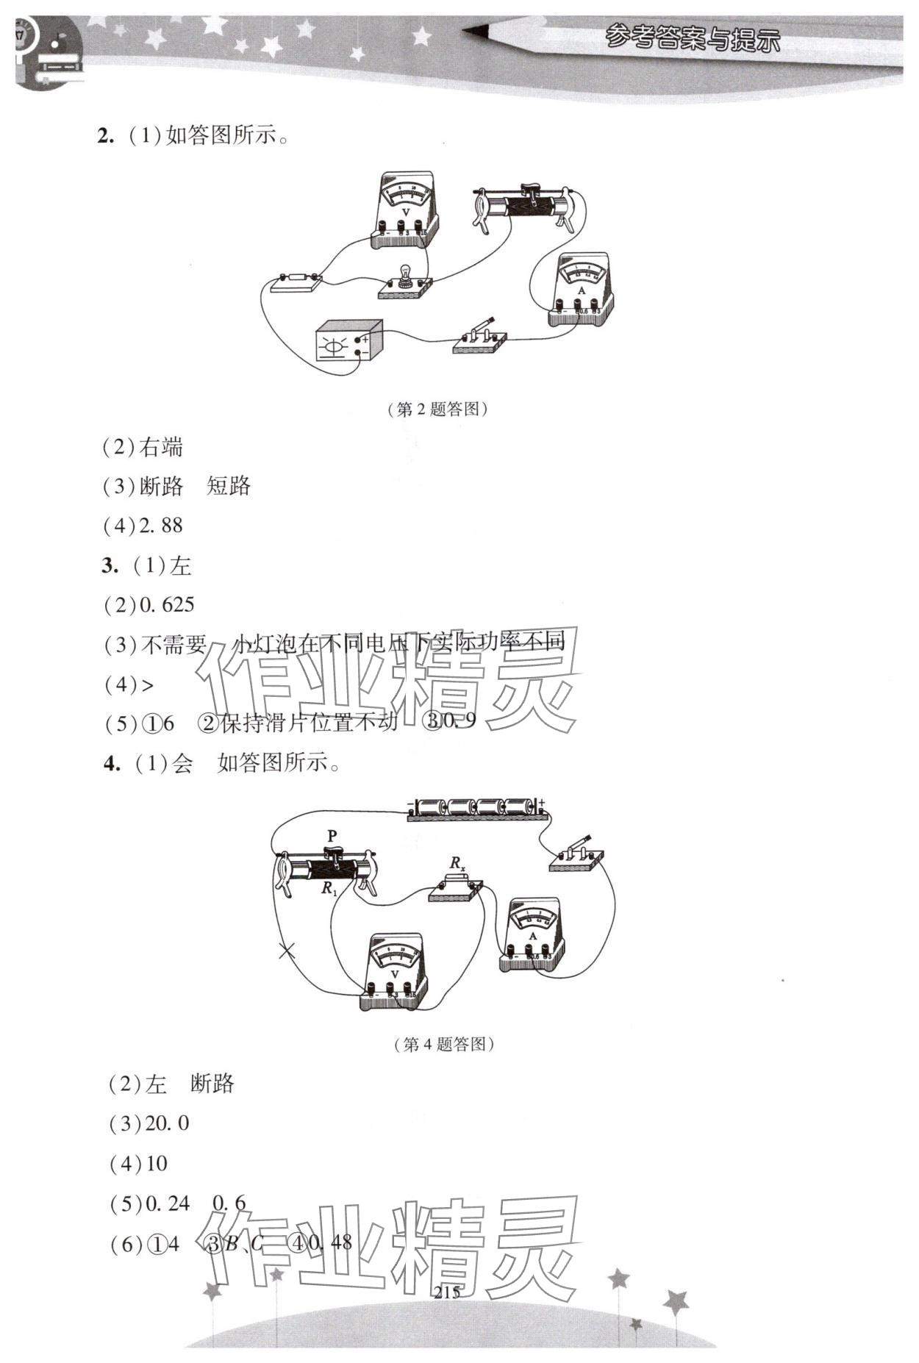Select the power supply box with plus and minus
coord(349,340)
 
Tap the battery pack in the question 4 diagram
coord(478,807)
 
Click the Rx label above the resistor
coord(458,863)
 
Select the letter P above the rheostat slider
coord(332,836)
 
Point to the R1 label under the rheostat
coord(329,888)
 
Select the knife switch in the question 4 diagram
coord(577,854)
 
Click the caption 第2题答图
coord(437,409)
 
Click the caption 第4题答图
coord(444,1045)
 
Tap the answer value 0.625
coord(166,605)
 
